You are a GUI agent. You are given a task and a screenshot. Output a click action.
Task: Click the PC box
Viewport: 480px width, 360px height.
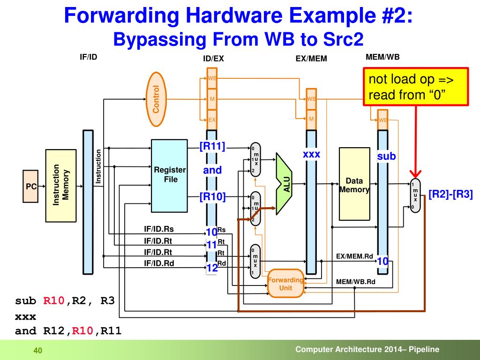tap(31, 187)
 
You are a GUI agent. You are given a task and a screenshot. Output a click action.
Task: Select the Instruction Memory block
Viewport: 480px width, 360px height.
tap(60, 185)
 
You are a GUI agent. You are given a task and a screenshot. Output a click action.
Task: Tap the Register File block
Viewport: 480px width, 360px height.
tap(170, 175)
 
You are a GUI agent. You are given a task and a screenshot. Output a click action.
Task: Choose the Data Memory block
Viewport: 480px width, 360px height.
tap(354, 184)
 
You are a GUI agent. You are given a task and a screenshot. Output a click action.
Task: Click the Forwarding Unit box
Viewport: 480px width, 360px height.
tap(285, 284)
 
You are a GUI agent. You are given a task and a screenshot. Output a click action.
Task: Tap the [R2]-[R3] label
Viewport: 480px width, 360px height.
tap(450, 195)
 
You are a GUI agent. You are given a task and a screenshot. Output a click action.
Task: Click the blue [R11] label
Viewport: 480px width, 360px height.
tap(212, 147)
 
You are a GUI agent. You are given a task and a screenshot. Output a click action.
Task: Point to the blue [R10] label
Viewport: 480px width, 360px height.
tap(212, 196)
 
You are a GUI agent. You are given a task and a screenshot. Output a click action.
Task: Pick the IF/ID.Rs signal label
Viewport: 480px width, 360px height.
tap(158, 229)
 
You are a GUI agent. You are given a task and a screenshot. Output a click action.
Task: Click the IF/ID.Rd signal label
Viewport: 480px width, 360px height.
tap(158, 263)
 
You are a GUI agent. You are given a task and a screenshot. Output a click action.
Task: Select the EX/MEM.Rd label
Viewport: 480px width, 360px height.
tap(354, 256)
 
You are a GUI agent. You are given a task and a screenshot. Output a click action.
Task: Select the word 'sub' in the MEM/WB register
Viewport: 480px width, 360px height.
tap(387, 157)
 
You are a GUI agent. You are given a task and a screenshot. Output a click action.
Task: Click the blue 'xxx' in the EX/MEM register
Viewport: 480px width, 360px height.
tap(311, 154)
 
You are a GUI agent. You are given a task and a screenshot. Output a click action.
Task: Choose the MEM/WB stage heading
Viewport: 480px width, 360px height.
tap(382, 57)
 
